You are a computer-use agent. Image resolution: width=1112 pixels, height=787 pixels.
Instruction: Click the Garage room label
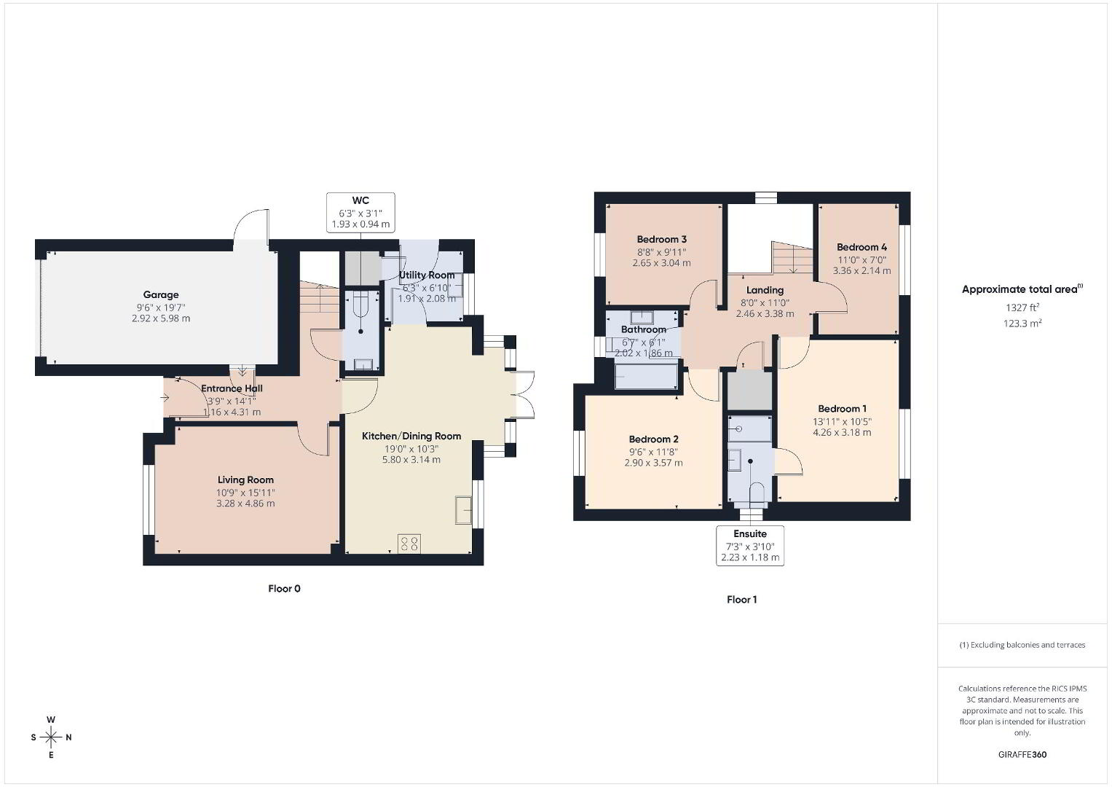click(161, 294)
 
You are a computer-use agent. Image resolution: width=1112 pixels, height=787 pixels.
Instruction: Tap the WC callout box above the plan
click(360, 212)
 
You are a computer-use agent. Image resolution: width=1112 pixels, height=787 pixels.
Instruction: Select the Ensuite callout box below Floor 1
click(749, 546)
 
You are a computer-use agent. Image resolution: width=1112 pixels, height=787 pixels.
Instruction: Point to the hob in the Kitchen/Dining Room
click(409, 543)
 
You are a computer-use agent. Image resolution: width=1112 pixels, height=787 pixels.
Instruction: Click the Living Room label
click(245, 479)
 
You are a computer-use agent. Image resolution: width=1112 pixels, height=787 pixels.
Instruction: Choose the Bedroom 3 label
click(662, 239)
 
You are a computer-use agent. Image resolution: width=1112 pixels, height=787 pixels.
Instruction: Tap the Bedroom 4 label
click(861, 247)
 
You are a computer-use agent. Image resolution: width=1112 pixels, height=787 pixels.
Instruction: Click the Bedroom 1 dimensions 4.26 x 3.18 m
click(842, 432)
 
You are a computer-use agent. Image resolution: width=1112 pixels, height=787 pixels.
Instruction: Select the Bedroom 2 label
click(653, 439)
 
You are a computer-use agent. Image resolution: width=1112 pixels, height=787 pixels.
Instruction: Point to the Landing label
click(765, 290)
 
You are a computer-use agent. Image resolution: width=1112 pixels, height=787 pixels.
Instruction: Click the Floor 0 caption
click(285, 589)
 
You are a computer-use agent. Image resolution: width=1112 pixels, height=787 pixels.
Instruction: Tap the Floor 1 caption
click(741, 600)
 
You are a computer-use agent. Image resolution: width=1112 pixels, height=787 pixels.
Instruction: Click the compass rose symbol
click(51, 737)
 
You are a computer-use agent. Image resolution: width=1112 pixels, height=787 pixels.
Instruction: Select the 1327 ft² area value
click(1022, 308)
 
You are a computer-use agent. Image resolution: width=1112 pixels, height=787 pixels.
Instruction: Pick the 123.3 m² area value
click(1022, 324)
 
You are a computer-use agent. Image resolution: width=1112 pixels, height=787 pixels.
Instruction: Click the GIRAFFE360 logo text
click(1022, 755)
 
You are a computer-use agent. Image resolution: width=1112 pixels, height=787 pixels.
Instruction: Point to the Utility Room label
click(427, 275)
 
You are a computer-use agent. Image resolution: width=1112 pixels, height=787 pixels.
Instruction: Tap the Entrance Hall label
click(232, 388)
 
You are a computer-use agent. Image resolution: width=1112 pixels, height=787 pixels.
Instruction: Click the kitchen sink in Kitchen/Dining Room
click(463, 509)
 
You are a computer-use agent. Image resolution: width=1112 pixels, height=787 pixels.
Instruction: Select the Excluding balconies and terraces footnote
click(1022, 645)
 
